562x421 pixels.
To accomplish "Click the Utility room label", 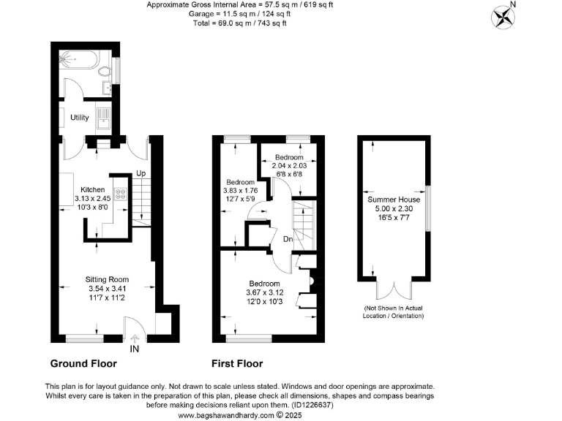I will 80,117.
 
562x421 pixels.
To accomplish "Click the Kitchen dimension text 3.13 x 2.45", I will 91,198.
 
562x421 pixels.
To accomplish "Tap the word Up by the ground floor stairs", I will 140,173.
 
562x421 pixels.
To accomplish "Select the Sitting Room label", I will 107,279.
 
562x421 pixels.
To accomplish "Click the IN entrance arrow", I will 134,338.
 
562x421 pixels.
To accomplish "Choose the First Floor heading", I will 237,363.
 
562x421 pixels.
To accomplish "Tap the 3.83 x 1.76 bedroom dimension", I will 241,191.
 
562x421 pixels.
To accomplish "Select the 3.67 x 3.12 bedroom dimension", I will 264,292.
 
